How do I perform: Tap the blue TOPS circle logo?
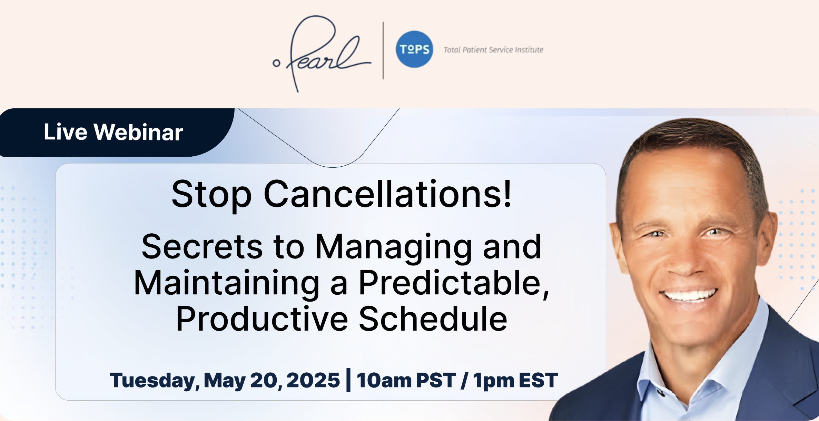(414, 49)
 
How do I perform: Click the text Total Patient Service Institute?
(493, 50)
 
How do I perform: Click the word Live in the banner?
(65, 132)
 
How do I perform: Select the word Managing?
(394, 247)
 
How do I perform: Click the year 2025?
(313, 380)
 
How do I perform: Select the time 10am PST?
(406, 380)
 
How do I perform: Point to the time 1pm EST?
(515, 380)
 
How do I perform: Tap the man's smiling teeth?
(689, 295)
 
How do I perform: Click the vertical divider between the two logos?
(383, 51)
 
